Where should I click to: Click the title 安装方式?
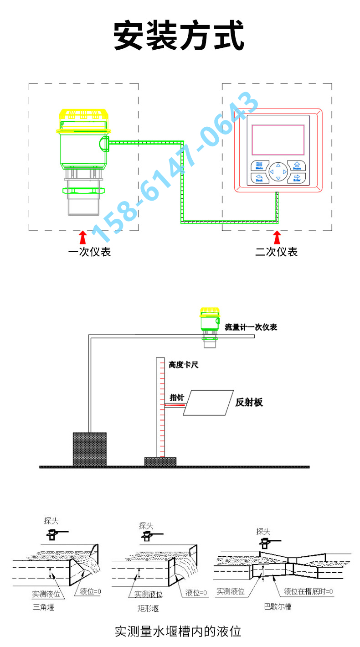(x=179, y=36)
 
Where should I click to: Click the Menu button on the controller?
(x=259, y=166)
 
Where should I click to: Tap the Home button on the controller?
(x=297, y=166)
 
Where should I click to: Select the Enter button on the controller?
(x=297, y=178)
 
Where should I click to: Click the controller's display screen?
(x=278, y=140)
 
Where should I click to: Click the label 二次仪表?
(x=276, y=252)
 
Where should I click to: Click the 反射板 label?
(x=249, y=403)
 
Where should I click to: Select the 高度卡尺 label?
(x=184, y=365)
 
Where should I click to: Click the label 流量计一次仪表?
(x=251, y=327)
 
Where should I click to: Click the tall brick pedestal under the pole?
(x=90, y=449)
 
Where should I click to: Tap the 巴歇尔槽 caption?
(x=278, y=606)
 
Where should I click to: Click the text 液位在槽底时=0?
(x=308, y=592)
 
